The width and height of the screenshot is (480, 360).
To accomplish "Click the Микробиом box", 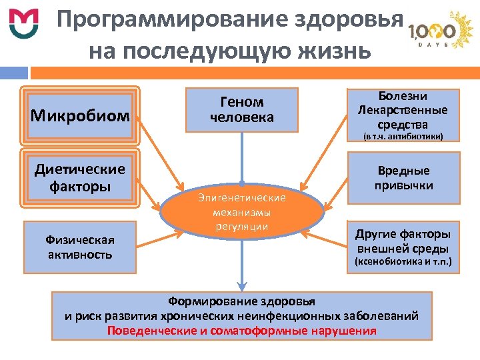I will (x=80, y=115).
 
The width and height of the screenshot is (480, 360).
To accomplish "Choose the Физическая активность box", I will (x=80, y=247).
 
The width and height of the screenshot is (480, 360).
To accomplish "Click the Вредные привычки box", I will (x=403, y=178).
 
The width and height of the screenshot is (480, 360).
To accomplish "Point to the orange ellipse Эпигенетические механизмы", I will (x=241, y=212).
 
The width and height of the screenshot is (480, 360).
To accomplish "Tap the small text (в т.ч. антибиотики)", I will (x=403, y=137).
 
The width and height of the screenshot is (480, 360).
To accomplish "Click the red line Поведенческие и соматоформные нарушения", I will (x=241, y=331).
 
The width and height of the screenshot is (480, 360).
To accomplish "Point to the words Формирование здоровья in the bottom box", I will (x=241, y=301).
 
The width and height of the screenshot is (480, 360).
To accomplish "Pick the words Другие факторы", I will (x=403, y=234).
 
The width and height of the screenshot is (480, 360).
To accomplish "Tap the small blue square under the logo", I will (x=14, y=72).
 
